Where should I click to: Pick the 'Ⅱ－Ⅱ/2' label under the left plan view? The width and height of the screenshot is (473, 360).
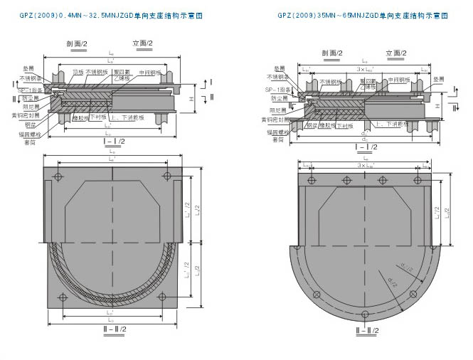click(114, 329)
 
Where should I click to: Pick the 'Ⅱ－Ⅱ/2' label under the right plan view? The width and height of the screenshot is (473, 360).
click(363, 329)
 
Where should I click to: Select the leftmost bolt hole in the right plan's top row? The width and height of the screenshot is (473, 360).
click(311, 181)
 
